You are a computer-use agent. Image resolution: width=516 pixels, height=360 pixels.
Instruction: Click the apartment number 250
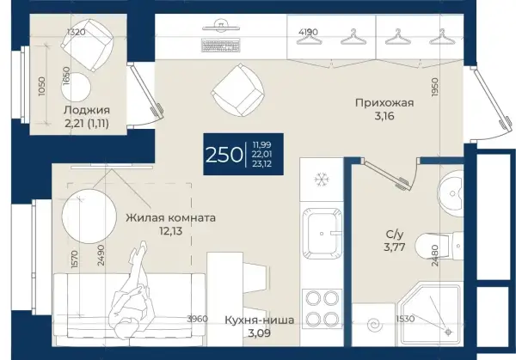[224, 155]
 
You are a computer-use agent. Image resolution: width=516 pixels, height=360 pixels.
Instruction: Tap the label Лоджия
[87, 110]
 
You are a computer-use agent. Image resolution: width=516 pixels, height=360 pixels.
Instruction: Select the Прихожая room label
[384, 103]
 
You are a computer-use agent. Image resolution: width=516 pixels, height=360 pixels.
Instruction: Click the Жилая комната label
[170, 217]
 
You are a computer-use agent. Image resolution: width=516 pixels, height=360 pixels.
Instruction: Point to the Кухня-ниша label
[260, 320]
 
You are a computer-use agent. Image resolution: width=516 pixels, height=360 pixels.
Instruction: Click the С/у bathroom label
[394, 234]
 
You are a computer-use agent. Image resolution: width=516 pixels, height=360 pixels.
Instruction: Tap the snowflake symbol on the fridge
[320, 180]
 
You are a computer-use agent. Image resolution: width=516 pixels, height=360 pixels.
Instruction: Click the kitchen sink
[322, 233]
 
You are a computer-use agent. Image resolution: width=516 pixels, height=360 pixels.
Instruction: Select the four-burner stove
[322, 308]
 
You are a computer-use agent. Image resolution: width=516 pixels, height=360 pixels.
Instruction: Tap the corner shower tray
[429, 314]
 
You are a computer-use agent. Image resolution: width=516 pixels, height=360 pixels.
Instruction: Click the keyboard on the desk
[220, 46]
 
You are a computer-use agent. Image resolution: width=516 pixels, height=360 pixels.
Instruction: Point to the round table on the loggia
[76, 87]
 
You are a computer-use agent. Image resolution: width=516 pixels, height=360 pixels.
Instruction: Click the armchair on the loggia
[88, 45]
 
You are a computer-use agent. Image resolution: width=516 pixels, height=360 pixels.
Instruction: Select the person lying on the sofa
[132, 290]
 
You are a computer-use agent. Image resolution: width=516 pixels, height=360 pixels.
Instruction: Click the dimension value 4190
[308, 32]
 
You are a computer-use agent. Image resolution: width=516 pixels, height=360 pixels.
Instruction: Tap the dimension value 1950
[435, 87]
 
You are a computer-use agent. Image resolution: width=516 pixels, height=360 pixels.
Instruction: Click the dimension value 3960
[197, 319]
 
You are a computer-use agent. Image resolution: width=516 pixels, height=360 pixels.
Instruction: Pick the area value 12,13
[170, 231]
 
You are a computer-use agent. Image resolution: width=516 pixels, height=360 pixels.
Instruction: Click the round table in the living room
[89, 216]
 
